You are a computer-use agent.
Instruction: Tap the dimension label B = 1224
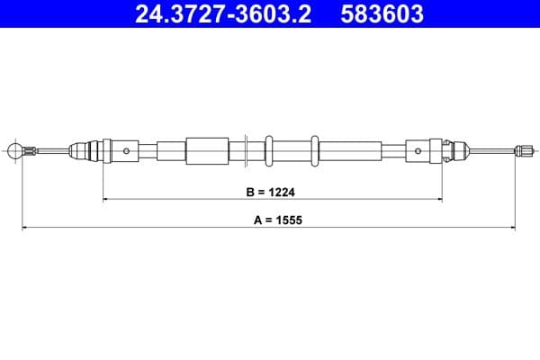(x=271, y=192)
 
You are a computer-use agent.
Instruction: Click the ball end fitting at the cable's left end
(x=15, y=150)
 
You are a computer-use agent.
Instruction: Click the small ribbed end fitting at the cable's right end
(x=521, y=150)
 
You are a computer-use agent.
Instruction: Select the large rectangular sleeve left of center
(x=207, y=150)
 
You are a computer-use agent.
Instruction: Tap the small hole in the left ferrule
(x=127, y=150)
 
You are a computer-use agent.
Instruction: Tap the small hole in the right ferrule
(x=418, y=150)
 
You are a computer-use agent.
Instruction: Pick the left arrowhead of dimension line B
(x=107, y=199)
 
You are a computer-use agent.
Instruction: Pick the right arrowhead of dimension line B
(x=440, y=199)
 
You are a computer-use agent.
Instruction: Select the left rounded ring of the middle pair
(x=268, y=150)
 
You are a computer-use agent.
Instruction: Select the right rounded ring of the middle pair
(x=314, y=150)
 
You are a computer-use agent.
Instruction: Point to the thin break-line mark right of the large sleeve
(x=247, y=150)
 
